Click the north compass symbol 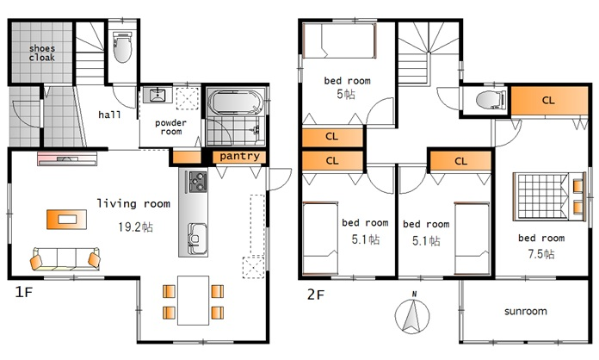coord(412,315)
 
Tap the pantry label coord(239,156)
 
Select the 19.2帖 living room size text coord(136,227)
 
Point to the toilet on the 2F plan coord(489,100)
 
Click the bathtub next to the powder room coord(235,102)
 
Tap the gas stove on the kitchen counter coord(197,182)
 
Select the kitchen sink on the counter coord(197,239)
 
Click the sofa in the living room coord(65,258)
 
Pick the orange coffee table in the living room coord(66,220)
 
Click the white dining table coord(194,301)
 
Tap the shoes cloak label coord(41,53)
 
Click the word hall coord(109,115)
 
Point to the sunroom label coord(526,311)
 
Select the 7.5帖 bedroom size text coord(541,254)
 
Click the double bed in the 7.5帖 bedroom coord(548,197)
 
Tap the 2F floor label coord(316,295)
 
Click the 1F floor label coord(24,292)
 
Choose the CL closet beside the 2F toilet coord(549,101)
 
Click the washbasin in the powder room coord(157,95)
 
